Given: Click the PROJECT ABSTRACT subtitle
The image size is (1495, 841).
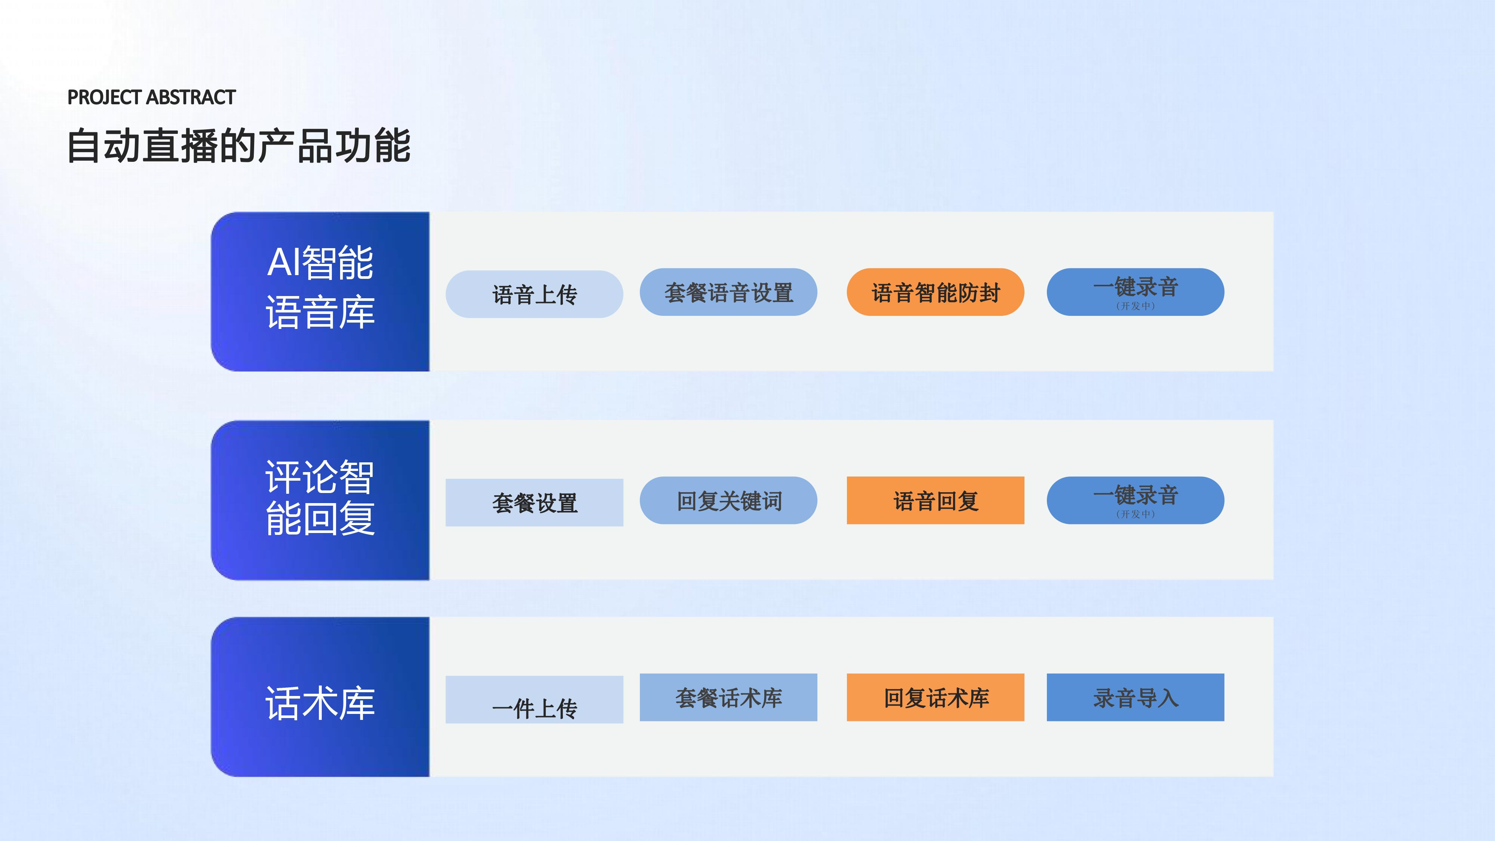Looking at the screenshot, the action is tap(151, 97).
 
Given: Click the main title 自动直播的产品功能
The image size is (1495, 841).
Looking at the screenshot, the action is tap(239, 146).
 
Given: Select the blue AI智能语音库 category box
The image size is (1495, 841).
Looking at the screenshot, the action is tap(320, 292).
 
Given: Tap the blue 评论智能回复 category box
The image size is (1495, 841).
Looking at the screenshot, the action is tap(320, 500).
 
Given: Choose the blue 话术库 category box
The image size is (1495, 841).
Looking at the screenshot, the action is tap(320, 696).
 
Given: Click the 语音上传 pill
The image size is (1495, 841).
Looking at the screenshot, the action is tap(534, 294).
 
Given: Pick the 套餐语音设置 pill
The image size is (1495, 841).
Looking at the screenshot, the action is tap(728, 292).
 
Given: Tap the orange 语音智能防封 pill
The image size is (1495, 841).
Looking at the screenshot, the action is tap(935, 292).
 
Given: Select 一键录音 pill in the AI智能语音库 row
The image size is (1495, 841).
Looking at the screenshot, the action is tap(1136, 292).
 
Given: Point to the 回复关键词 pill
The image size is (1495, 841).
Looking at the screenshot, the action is tap(728, 500).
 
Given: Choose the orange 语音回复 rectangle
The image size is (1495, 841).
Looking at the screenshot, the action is tap(935, 500).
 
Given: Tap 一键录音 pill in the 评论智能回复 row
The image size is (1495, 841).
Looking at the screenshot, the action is tap(1136, 500).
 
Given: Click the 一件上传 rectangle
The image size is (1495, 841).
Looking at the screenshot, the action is tap(534, 699).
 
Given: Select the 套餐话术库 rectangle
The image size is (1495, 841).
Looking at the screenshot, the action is tap(728, 697).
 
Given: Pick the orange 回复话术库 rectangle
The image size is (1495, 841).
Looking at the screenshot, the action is tap(935, 697).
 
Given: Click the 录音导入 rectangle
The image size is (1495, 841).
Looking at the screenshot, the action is tap(1136, 697).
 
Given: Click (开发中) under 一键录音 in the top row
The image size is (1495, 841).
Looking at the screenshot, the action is tap(1136, 306).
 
